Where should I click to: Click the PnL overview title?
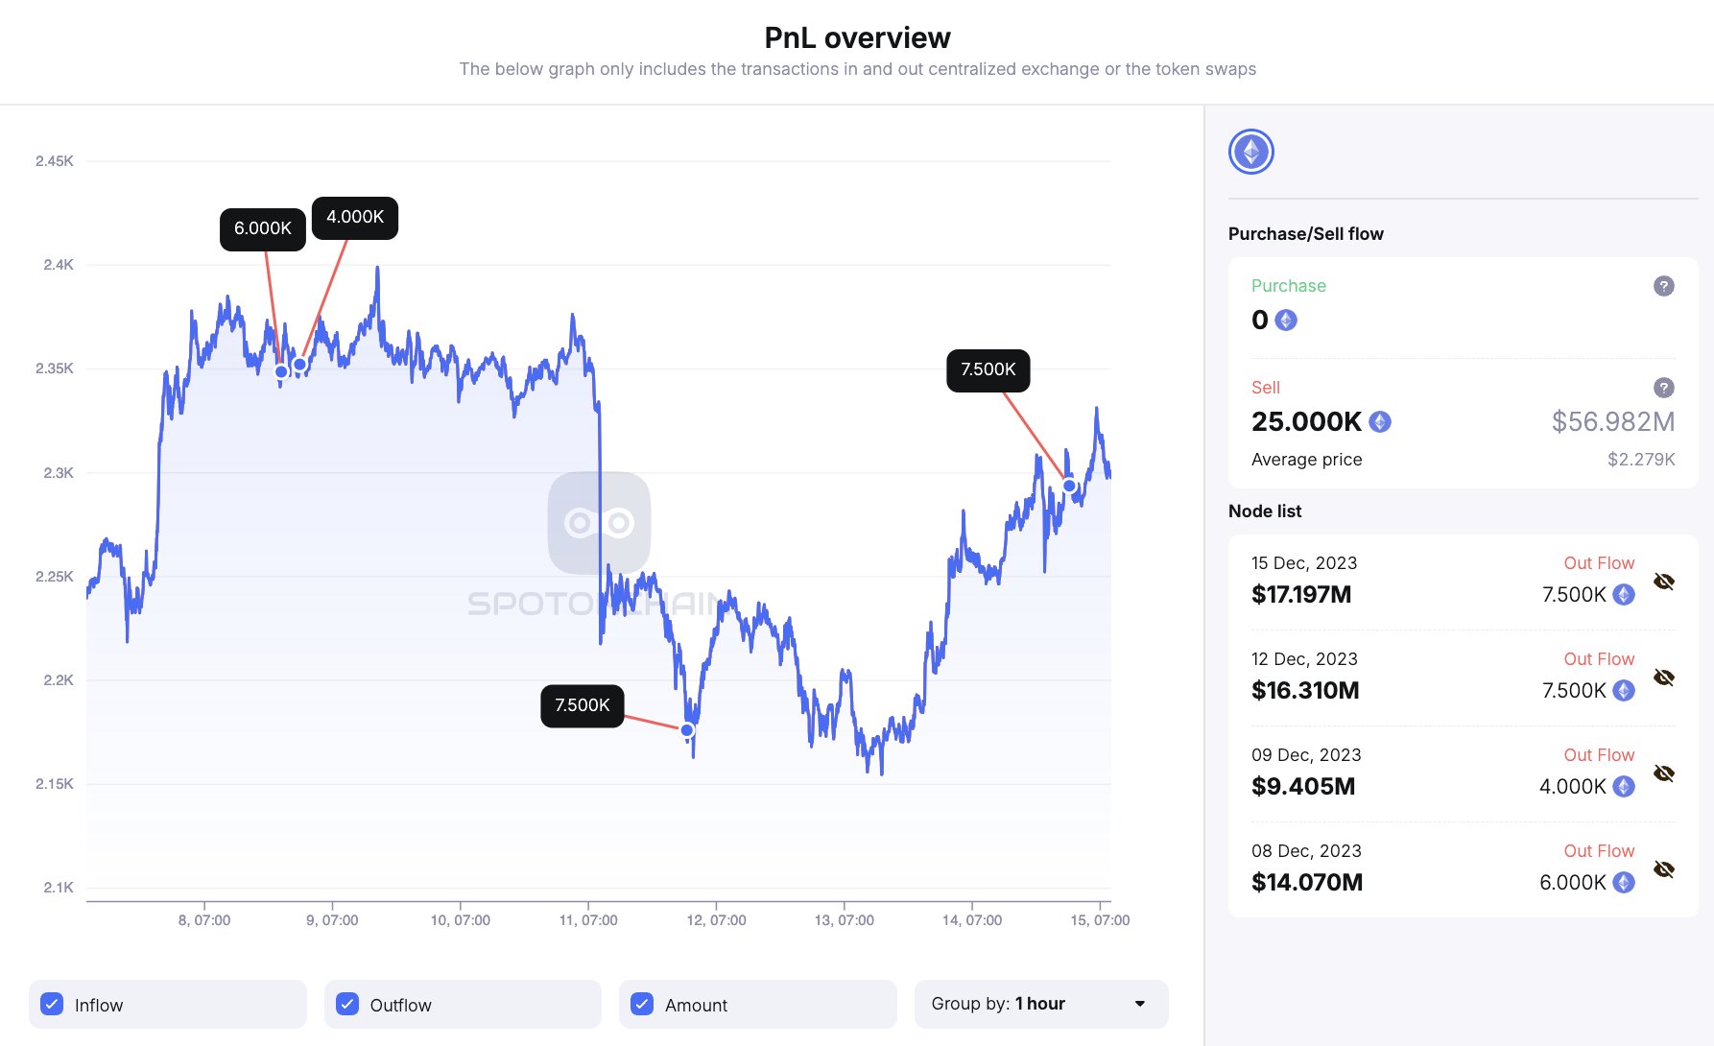pyautogui.click(x=857, y=37)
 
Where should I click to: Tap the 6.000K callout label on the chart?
pyautogui.click(x=263, y=228)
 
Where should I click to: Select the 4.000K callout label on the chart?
pyautogui.click(x=355, y=217)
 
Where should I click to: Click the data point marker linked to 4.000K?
pyautogui.click(x=299, y=365)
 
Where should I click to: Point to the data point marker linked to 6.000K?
pyautogui.click(x=281, y=371)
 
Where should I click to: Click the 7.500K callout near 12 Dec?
pyautogui.click(x=583, y=705)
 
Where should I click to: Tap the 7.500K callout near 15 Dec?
pyautogui.click(x=988, y=369)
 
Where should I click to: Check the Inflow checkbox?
pyautogui.click(x=53, y=1004)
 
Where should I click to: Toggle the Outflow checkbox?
pyautogui.click(x=347, y=1004)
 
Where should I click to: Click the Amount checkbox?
pyautogui.click(x=642, y=1004)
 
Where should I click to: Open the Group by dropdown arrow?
pyautogui.click(x=1140, y=1004)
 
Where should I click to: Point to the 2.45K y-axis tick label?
pyautogui.click(x=55, y=161)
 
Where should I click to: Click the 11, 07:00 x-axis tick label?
pyautogui.click(x=588, y=920)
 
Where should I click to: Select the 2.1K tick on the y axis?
pyautogui.click(x=59, y=888)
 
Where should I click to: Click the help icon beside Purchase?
pyautogui.click(x=1664, y=286)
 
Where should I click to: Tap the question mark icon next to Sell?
pyautogui.click(x=1664, y=388)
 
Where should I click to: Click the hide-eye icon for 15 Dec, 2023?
pyautogui.click(x=1664, y=582)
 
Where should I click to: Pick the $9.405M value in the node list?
pyautogui.click(x=1303, y=787)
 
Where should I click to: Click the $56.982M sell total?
pyautogui.click(x=1613, y=421)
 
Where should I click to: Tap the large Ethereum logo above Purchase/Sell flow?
pyautogui.click(x=1251, y=152)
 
